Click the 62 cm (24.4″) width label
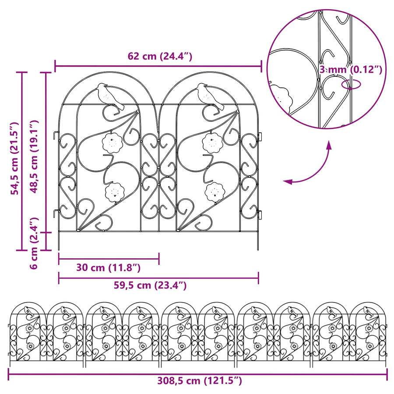(160, 56)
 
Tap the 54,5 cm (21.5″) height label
(15, 158)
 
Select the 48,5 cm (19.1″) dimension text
(34, 157)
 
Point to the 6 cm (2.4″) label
(34, 243)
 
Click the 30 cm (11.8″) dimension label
(108, 267)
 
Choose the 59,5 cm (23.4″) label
(150, 285)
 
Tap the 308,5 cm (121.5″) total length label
(200, 381)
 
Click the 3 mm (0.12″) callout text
(351, 69)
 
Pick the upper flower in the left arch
(112, 142)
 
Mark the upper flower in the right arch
(212, 142)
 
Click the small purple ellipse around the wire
(351, 84)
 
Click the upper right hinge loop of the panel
(260, 137)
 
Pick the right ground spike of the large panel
(258, 241)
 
